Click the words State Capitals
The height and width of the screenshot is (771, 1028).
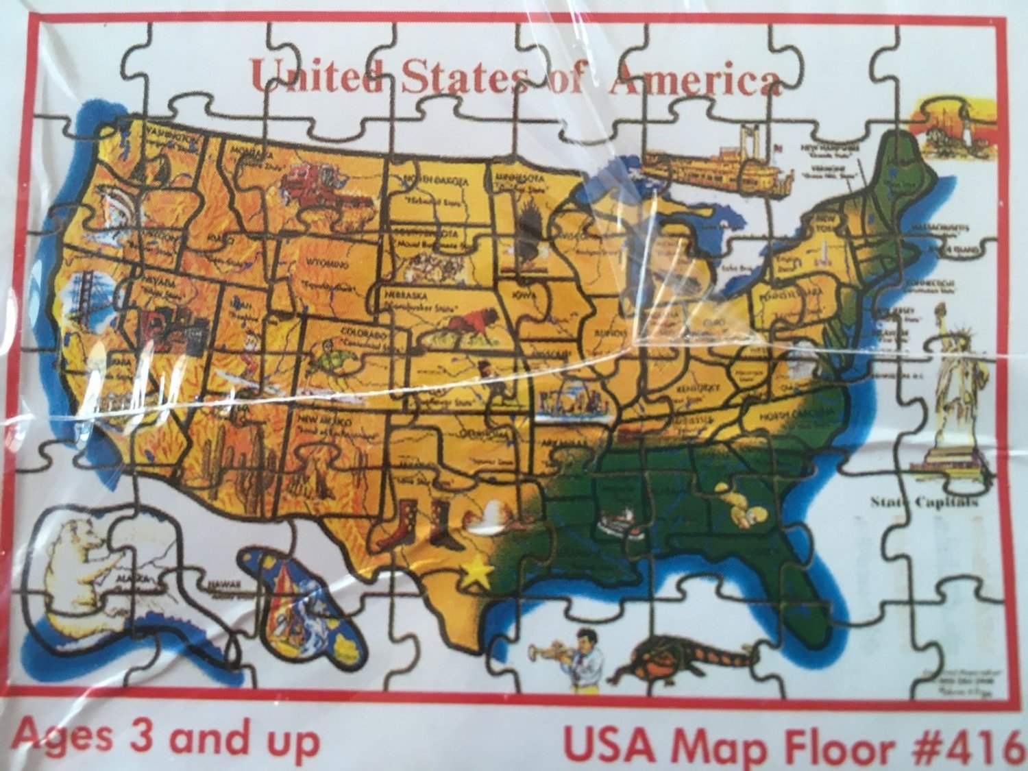coord(924,502)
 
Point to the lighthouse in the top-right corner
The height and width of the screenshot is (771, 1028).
coord(949,127)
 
